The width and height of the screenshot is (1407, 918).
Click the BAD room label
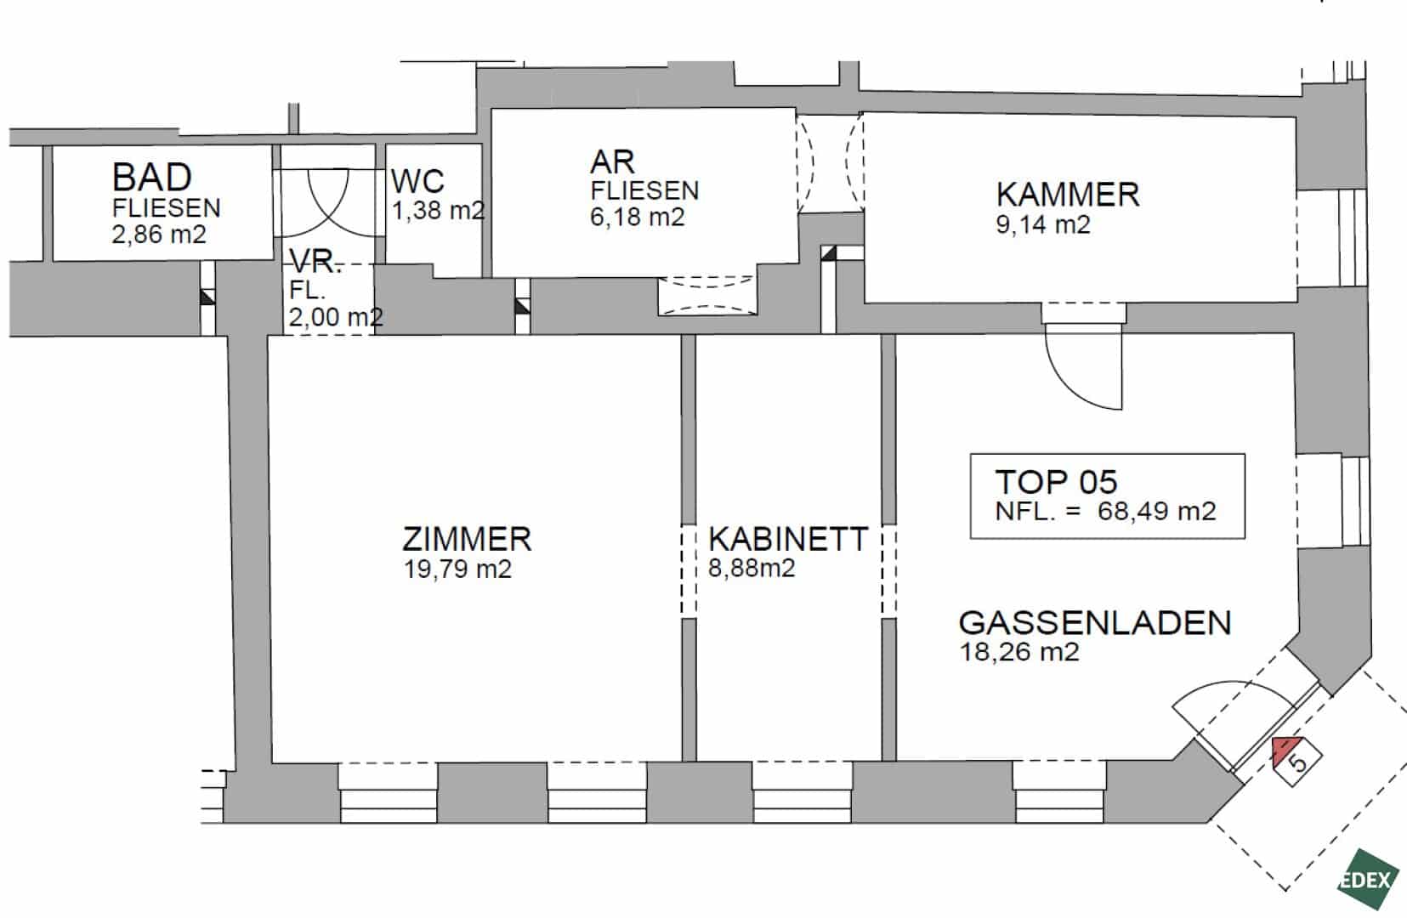(x=152, y=177)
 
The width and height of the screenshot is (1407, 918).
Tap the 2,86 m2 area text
(x=159, y=235)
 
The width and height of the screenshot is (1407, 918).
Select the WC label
(x=417, y=181)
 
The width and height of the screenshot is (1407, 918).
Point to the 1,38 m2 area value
(x=439, y=210)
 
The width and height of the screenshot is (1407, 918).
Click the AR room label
(x=612, y=162)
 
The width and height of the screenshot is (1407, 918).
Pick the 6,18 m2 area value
(x=637, y=218)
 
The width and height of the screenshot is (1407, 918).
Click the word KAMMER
(x=1068, y=195)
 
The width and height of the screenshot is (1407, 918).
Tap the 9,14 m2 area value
(x=1043, y=224)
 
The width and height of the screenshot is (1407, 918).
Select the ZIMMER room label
(x=467, y=539)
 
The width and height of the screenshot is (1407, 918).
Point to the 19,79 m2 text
(x=457, y=569)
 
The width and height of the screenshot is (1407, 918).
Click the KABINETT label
(x=788, y=539)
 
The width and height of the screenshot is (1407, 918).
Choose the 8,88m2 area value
(x=752, y=569)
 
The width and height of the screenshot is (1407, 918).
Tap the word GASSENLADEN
(x=1095, y=623)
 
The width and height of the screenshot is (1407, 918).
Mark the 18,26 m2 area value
(x=1019, y=652)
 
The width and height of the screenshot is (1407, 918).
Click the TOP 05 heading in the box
(x=1057, y=482)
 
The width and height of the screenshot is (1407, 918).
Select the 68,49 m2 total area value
(x=1157, y=511)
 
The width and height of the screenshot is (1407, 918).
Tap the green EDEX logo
(x=1369, y=879)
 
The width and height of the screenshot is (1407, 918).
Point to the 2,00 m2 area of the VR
(x=336, y=317)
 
